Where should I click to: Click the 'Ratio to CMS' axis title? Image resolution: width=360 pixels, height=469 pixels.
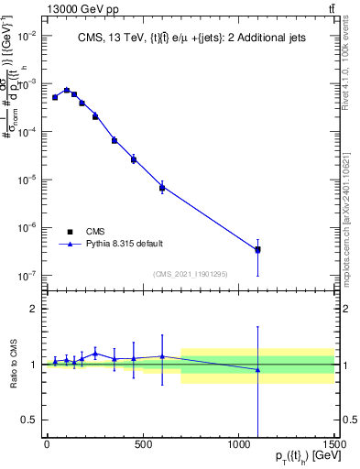pos(13,365)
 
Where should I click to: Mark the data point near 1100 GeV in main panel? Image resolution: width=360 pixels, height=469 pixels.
pos(257,249)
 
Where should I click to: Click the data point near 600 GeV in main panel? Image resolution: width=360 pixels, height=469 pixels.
pos(162,188)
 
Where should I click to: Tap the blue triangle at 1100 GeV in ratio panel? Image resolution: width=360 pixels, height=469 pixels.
pos(257,370)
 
